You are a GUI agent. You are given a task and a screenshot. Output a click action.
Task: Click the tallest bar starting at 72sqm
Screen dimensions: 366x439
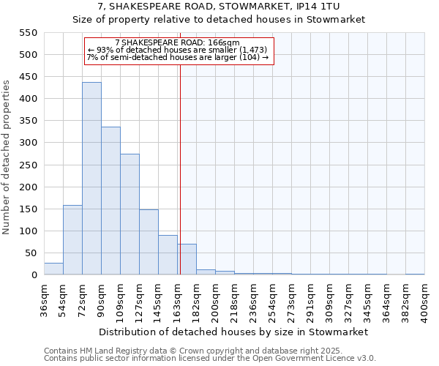point(91,179)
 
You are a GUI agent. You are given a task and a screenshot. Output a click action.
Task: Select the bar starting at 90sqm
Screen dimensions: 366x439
point(110,201)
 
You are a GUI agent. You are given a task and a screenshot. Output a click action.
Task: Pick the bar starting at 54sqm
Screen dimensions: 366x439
point(72,240)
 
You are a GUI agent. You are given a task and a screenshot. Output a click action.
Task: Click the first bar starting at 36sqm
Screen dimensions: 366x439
point(53,269)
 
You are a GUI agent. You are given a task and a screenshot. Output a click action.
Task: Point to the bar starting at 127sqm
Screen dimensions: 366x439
point(149,242)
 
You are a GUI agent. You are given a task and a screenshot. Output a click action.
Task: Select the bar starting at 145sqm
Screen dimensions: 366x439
point(168,255)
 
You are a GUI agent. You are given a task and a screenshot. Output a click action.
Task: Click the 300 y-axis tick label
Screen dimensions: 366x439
point(28,143)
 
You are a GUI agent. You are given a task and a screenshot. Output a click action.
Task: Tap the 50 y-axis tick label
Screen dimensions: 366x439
point(31,253)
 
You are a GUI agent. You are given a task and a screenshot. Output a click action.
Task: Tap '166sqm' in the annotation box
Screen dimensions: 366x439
point(223,43)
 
